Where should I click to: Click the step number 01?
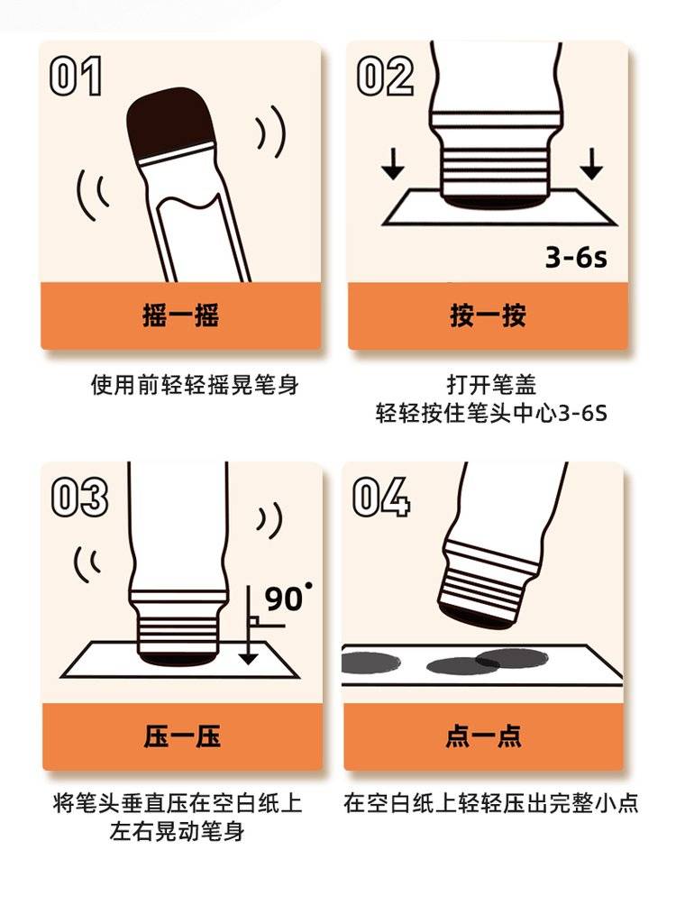click(x=77, y=76)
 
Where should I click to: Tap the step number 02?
click(x=385, y=76)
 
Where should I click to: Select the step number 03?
click(x=79, y=497)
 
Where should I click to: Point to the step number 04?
click(x=381, y=497)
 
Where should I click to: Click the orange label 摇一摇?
click(x=180, y=315)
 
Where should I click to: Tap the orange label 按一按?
click(x=489, y=315)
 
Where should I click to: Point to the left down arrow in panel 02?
click(x=394, y=163)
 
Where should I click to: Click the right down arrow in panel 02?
click(x=591, y=163)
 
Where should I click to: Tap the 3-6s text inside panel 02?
click(x=576, y=257)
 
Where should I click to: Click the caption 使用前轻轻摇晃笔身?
click(x=195, y=384)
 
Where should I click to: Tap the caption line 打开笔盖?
click(x=491, y=384)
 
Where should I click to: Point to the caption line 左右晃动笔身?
click(x=178, y=831)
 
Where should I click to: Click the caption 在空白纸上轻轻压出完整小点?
click(x=490, y=803)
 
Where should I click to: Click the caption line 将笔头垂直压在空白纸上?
click(x=178, y=803)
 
